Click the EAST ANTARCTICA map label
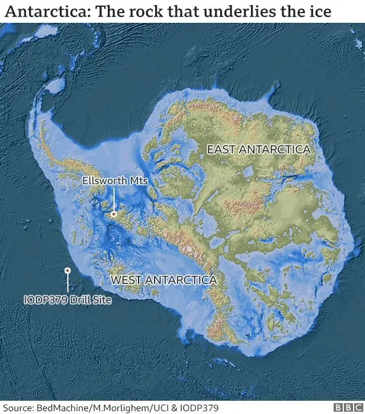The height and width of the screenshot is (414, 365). click(258, 149)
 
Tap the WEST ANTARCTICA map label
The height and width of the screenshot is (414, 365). click(163, 281)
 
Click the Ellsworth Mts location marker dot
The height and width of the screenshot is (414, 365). click(113, 214)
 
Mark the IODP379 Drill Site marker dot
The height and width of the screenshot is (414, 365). click(68, 271)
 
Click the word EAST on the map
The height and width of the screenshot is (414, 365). click(221, 149)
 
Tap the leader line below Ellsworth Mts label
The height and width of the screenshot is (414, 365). click(113, 200)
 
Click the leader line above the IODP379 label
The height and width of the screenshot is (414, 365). click(68, 283)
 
